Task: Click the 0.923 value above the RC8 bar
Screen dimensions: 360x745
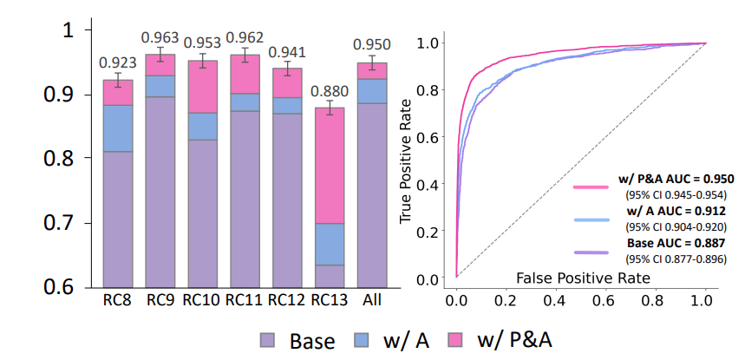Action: click(116, 62)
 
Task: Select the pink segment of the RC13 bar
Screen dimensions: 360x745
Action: click(330, 165)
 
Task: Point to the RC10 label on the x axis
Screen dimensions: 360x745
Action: click(201, 300)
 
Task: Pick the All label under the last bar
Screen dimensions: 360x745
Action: click(371, 300)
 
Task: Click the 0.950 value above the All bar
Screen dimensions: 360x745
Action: click(371, 44)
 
